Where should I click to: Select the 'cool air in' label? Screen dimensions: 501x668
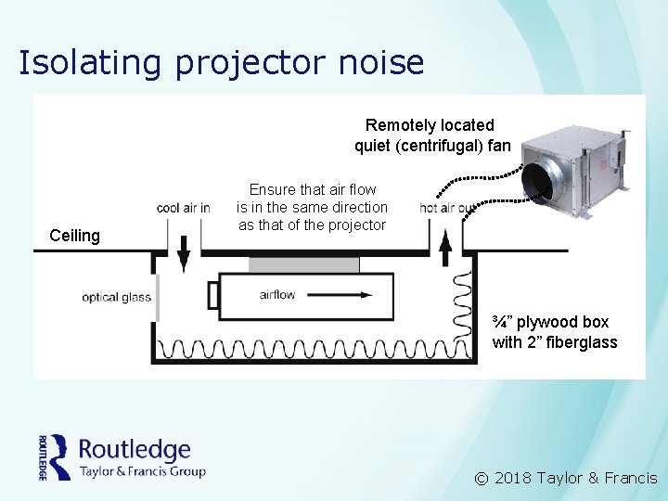coord(184,208)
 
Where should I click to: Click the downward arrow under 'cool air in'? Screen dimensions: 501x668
coord(184,250)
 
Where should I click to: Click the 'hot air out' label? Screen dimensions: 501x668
coord(447,208)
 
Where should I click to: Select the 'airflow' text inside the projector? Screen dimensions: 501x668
coord(277,295)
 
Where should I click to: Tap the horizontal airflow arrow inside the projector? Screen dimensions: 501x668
coord(315,296)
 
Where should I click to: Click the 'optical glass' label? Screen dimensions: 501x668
coord(116,297)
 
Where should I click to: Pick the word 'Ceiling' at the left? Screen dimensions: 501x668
coord(74,236)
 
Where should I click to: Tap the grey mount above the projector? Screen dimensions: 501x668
coord(304,264)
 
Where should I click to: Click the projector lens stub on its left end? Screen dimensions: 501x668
coord(212,296)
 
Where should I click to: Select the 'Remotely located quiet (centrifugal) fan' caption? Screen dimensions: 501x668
coord(431,135)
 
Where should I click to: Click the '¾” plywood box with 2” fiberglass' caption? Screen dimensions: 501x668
coord(554,332)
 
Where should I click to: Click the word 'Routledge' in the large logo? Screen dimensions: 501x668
coord(135,451)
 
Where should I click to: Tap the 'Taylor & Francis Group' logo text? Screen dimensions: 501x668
coord(142,471)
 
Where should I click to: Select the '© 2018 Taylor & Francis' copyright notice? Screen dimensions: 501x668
coord(565,479)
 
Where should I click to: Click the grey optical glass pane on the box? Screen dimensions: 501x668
coord(158,297)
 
